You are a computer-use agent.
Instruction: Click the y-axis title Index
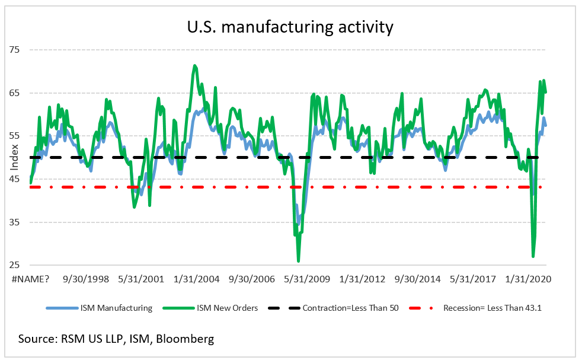(13, 158)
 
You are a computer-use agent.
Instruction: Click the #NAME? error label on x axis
(28, 279)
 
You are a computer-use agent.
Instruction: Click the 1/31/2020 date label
(532, 279)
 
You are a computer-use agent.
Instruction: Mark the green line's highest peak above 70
(195, 66)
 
